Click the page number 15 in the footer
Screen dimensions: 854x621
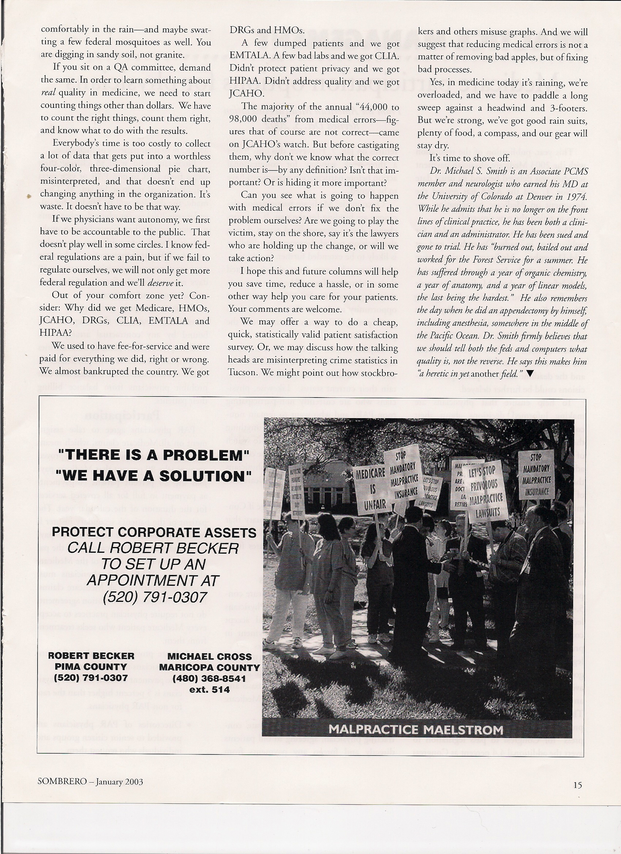pos(577,785)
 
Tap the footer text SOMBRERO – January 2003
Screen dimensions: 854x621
pos(90,781)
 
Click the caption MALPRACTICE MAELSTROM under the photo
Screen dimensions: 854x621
pos(416,729)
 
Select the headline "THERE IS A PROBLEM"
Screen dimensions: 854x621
pos(154,455)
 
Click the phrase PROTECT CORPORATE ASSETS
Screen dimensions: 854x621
pos(154,533)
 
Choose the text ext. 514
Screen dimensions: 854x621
pos(209,689)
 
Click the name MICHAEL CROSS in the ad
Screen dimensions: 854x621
pos(209,656)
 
